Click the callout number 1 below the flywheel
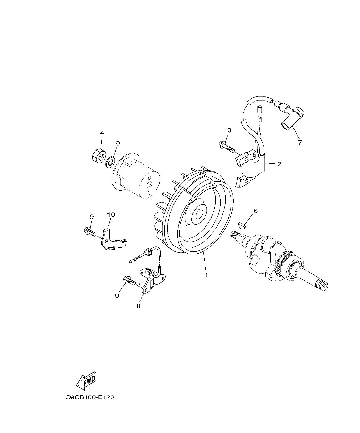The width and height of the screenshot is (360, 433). tap(206, 275)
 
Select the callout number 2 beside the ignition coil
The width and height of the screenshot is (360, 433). tap(279, 164)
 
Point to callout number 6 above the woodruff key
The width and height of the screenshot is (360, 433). tap(255, 211)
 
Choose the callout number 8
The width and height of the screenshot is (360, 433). tap(138, 306)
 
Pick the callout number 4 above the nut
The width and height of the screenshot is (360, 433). tap(102, 133)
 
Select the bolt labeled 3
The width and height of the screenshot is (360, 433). tap(226, 147)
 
